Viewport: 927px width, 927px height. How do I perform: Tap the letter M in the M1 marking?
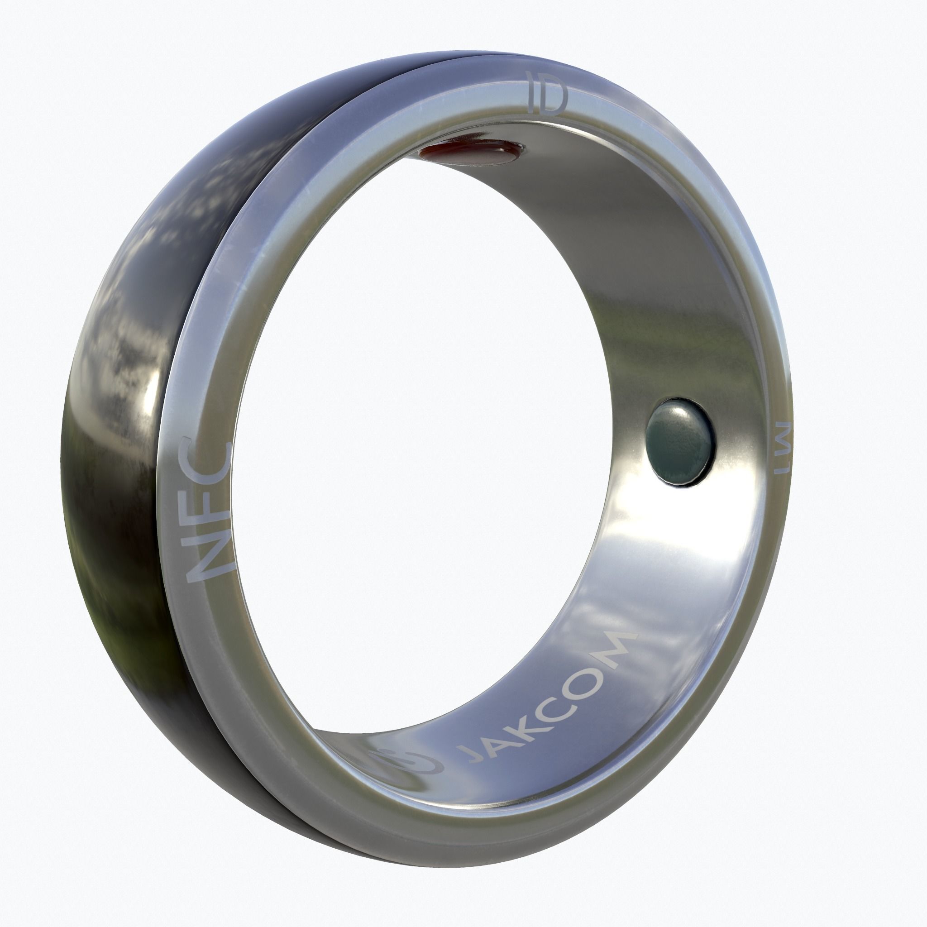click(783, 436)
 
